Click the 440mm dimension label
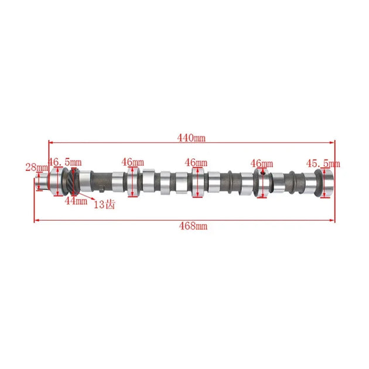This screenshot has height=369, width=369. (192, 138)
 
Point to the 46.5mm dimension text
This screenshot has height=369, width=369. (65, 162)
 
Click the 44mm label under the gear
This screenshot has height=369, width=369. (76, 201)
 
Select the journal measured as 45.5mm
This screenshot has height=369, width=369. (326, 181)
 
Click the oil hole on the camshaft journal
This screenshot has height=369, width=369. (264, 173)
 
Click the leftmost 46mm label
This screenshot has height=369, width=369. (133, 162)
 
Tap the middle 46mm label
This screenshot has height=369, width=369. (196, 162)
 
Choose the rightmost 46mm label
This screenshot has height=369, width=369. (261, 163)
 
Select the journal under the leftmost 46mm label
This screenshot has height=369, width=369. (133, 182)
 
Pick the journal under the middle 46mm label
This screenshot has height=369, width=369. (198, 182)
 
